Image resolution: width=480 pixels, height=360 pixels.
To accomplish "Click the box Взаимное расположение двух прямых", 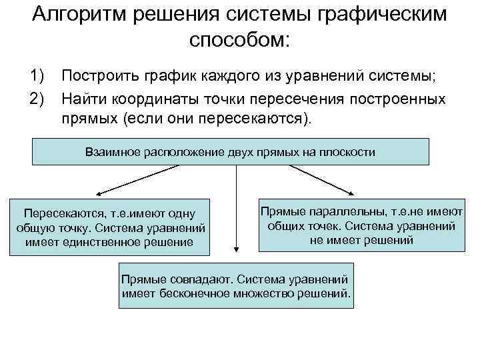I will click(x=231, y=152).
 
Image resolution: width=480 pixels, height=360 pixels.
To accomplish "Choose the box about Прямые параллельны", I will click(x=361, y=225).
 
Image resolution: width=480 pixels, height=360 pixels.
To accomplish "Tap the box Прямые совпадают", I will click(x=236, y=285).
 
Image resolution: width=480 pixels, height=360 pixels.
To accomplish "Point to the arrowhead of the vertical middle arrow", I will click(x=235, y=249).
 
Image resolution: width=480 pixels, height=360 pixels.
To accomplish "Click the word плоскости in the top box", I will click(x=349, y=152).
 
